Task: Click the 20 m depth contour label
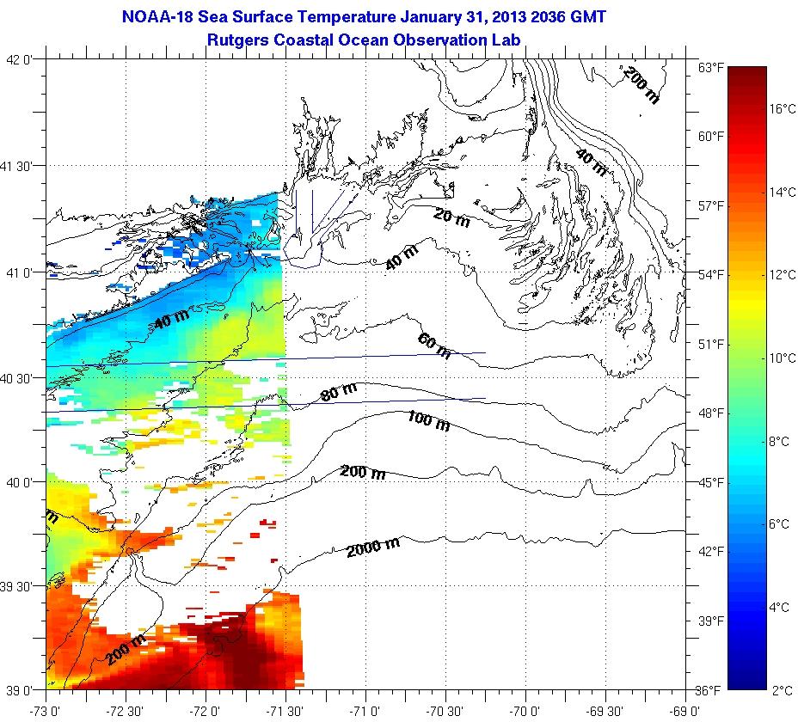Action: pos(451,219)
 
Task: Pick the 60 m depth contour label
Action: pos(434,346)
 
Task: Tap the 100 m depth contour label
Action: pos(428,421)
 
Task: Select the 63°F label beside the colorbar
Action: pos(709,68)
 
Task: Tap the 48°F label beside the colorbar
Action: pos(709,413)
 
